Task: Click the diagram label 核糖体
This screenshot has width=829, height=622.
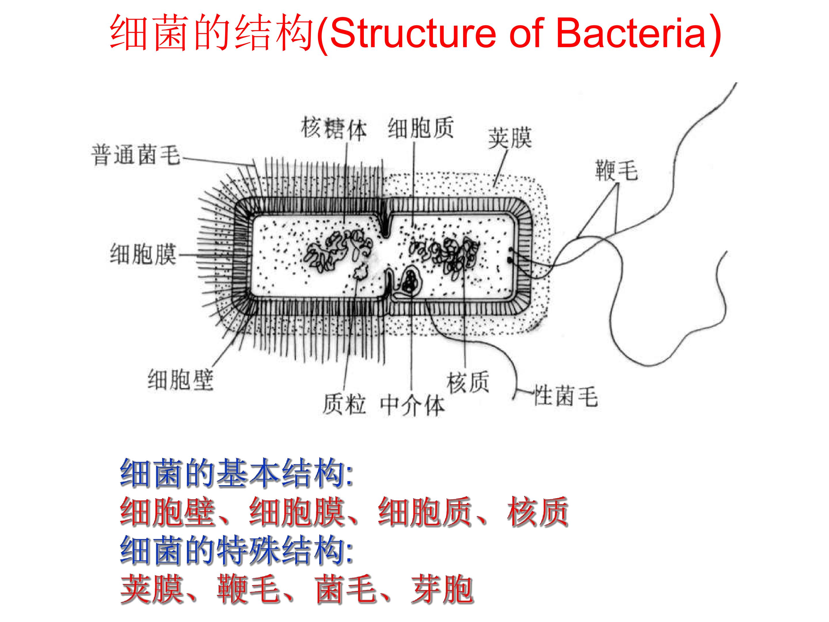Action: click(334, 129)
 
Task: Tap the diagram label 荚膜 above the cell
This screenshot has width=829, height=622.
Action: click(510, 138)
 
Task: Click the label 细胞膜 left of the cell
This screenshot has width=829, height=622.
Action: click(143, 254)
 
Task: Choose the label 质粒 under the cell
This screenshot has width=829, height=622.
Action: click(344, 404)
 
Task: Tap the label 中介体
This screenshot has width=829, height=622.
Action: click(412, 405)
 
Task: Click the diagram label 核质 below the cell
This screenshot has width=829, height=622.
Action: click(468, 382)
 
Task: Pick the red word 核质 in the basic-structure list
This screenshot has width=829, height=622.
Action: click(538, 511)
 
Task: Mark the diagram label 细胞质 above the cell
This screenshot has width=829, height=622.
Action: click(421, 128)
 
